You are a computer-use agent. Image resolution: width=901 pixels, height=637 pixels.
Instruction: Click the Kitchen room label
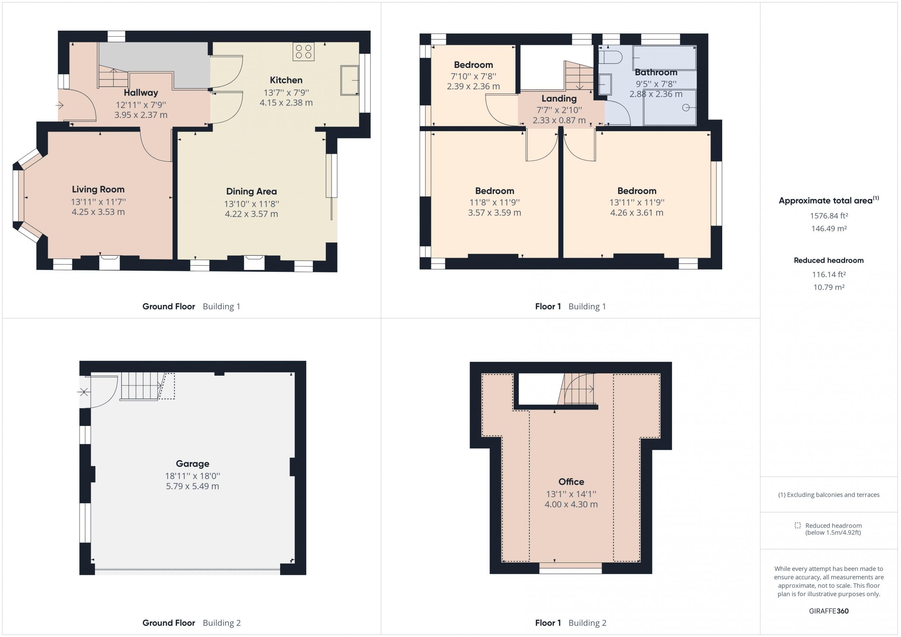pos(286,80)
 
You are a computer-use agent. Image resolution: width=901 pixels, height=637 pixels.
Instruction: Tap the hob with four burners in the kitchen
pos(303,52)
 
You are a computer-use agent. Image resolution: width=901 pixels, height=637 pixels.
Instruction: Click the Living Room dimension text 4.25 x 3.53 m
pos(98,212)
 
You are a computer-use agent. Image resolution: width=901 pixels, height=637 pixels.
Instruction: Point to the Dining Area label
pos(252,191)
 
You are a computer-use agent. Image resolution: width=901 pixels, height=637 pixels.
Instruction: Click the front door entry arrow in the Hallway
pos(59,105)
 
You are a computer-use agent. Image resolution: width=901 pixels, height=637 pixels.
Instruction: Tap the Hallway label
pos(141,93)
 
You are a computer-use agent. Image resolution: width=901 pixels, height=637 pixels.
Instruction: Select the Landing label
pos(559,98)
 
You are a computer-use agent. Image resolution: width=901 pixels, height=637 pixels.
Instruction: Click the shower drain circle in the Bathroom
pos(686,108)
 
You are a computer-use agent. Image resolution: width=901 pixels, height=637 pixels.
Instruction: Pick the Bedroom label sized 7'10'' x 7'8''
pos(473,65)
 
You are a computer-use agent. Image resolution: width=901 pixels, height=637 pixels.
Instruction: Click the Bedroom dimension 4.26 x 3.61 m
pos(637,212)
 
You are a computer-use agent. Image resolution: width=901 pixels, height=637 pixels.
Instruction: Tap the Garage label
pos(192,464)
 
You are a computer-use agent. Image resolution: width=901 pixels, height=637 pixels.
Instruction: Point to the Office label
pos(571,482)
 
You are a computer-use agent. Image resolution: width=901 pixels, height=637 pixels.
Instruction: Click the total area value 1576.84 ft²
pos(829,216)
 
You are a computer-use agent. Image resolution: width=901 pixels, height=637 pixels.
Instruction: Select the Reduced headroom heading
pos(829,260)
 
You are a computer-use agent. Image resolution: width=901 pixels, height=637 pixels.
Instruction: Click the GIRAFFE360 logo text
pos(829,611)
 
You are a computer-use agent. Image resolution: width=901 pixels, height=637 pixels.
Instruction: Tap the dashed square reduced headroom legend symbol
pos(798,525)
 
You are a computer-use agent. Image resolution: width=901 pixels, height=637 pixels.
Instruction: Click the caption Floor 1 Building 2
pos(571,623)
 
